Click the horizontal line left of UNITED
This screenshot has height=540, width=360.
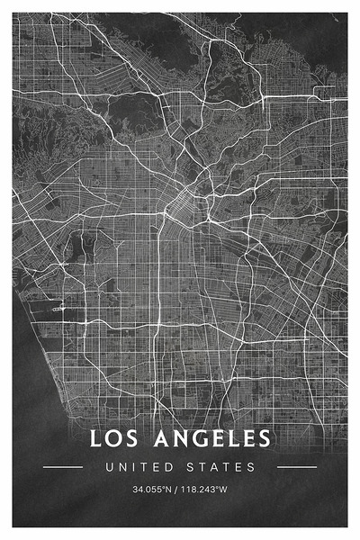[63, 467]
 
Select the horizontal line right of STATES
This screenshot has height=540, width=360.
[297, 467]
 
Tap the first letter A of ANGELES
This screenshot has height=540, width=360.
[154, 439]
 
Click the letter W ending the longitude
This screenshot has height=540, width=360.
[224, 490]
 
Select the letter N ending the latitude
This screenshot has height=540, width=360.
[171, 490]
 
